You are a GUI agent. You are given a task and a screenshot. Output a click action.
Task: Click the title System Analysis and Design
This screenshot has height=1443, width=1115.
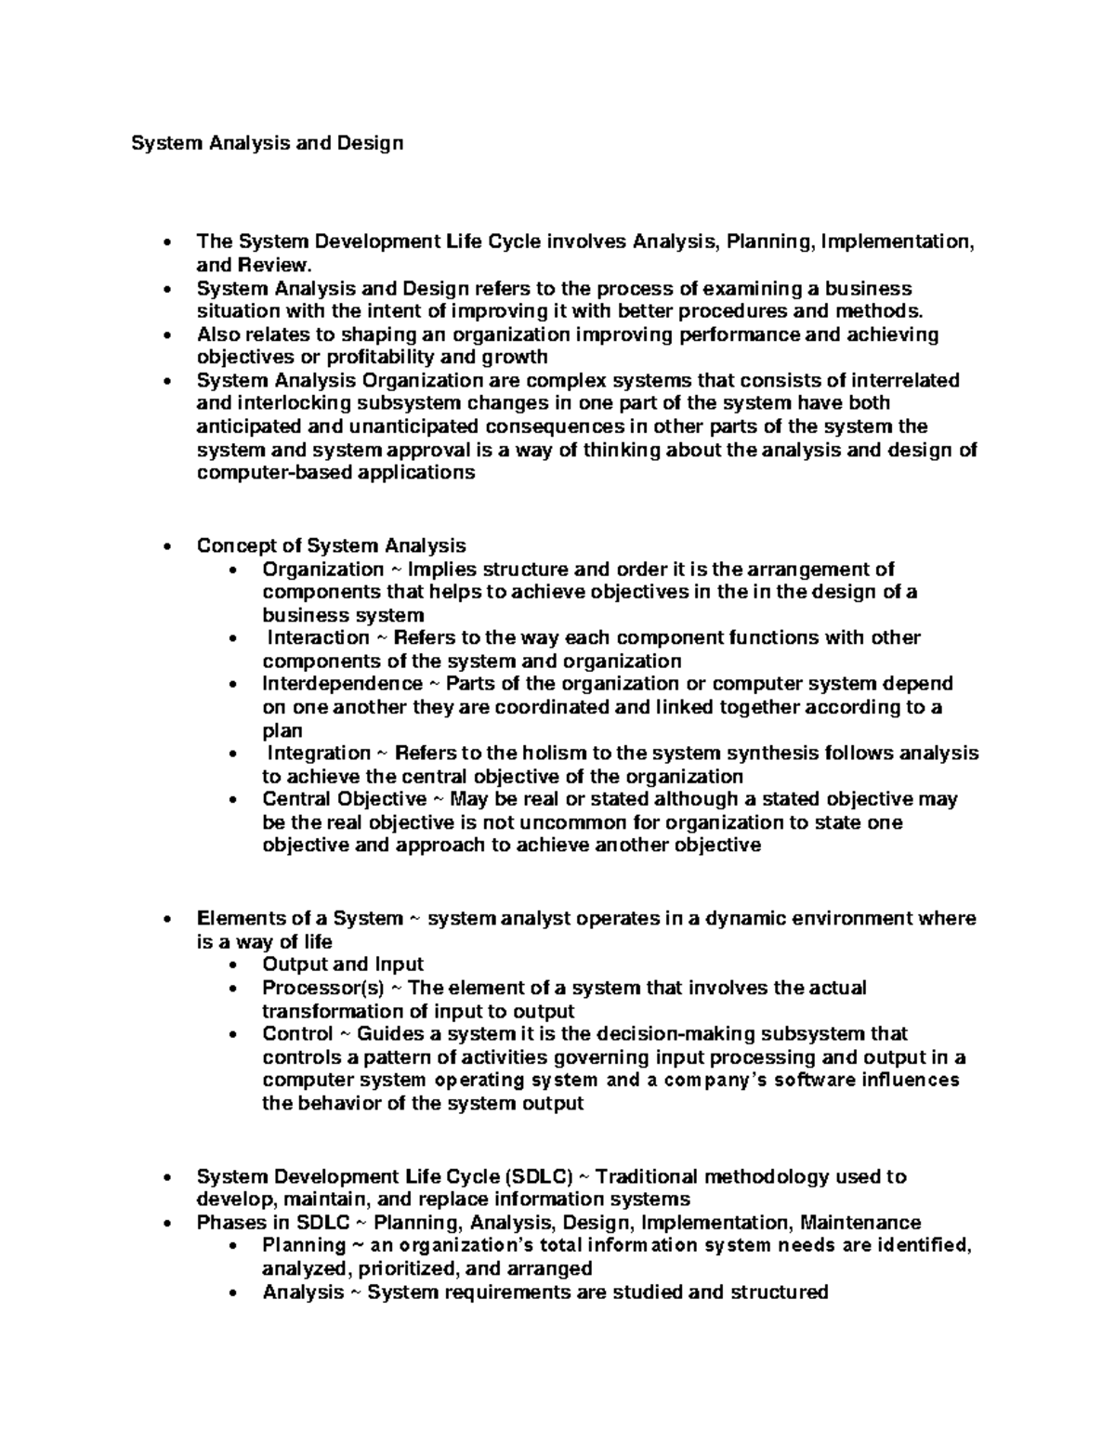[x=267, y=143]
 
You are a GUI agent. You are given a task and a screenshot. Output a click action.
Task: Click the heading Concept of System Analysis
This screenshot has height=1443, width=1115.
[x=331, y=545]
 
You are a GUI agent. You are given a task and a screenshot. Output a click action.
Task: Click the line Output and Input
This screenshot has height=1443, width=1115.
[x=343, y=964]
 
